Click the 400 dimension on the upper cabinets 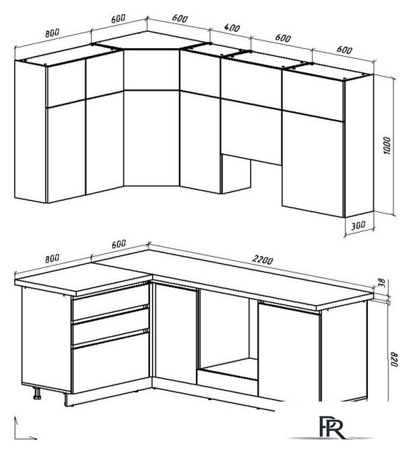(232, 28)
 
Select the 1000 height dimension (386, 145)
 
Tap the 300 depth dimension (358, 226)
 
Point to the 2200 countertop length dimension (262, 260)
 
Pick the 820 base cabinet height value (394, 360)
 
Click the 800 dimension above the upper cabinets (52, 33)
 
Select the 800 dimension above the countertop (52, 258)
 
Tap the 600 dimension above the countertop (119, 244)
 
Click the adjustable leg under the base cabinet (38, 393)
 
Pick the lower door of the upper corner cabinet (151, 138)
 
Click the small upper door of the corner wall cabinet (151, 70)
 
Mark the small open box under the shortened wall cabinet (236, 174)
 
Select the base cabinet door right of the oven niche (289, 351)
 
